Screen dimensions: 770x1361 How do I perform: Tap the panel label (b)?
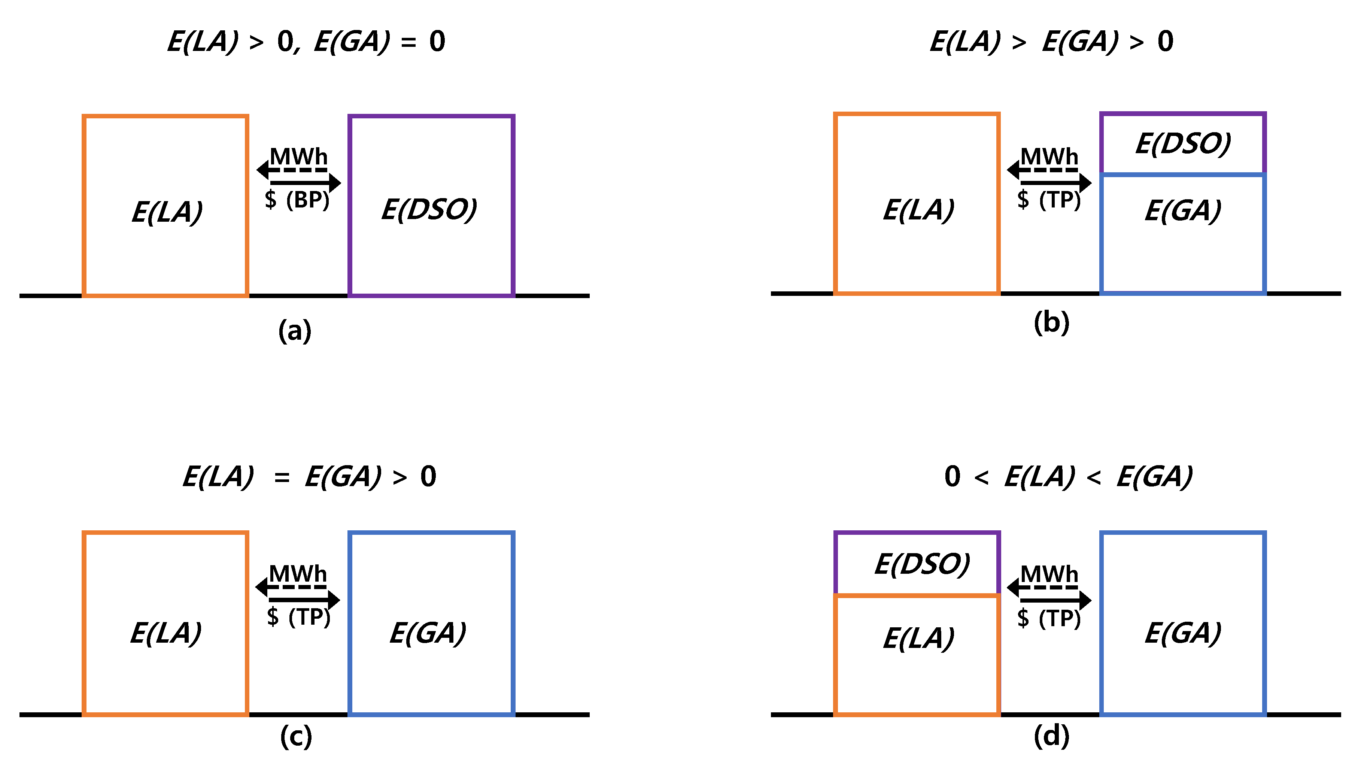point(1051,323)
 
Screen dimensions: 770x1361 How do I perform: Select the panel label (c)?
point(296,736)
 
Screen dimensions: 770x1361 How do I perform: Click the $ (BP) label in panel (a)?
point(297,200)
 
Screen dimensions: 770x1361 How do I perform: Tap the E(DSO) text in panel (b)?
point(1183,143)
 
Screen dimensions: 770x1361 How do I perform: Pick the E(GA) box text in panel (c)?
point(428,633)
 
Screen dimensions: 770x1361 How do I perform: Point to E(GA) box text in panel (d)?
point(1183,633)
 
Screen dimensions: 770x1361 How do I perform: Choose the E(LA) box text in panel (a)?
point(167,212)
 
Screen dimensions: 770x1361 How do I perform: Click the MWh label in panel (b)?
point(1049,157)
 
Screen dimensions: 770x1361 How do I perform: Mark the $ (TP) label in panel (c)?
point(299,616)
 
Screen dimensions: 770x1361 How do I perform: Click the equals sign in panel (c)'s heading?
point(282,478)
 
